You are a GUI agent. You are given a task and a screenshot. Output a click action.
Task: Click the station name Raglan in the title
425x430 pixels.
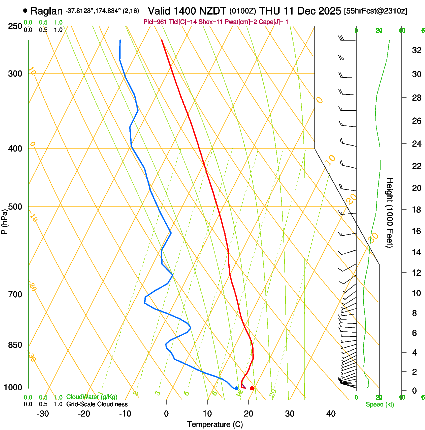click(47, 11)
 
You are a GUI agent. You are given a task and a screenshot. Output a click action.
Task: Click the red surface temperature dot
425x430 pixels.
click(252, 388)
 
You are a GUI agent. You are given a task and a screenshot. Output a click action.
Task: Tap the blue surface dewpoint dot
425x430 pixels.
click(236, 388)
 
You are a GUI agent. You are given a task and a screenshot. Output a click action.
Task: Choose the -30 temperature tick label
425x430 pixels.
click(43, 414)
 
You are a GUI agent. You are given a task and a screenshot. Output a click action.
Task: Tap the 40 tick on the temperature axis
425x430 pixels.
click(331, 414)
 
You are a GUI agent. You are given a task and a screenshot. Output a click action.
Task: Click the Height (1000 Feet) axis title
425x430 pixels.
click(390, 212)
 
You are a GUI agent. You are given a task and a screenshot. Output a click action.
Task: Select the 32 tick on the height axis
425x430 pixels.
click(415, 50)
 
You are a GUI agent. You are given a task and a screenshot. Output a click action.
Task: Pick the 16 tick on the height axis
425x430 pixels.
click(415, 231)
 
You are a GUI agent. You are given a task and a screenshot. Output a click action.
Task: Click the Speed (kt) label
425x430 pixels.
click(380, 404)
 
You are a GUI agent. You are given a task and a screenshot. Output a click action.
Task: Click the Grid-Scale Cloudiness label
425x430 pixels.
click(97, 404)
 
